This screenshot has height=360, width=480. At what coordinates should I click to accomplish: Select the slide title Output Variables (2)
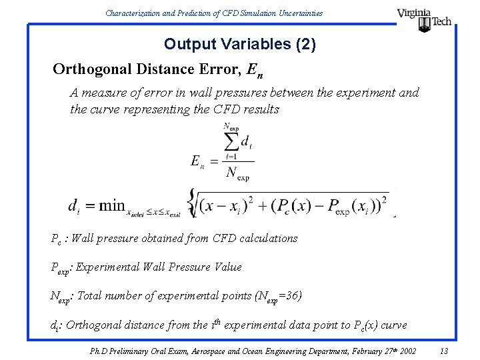click(240, 45)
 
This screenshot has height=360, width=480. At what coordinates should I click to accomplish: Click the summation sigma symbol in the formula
click(231, 141)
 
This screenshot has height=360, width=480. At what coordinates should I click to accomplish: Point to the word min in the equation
click(112, 205)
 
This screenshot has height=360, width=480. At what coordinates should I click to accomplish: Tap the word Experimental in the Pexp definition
click(111, 267)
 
